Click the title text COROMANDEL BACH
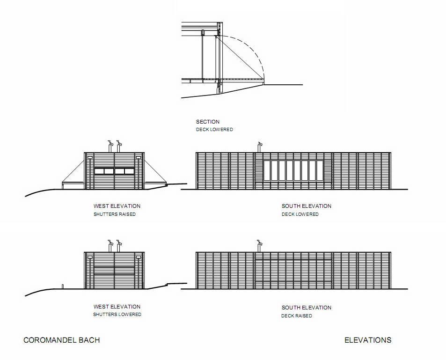point(61,340)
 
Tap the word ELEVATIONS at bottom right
point(368,340)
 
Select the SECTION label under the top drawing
point(208,122)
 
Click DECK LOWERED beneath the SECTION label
point(214,130)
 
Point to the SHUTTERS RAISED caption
point(115,214)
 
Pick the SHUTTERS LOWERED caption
point(117,315)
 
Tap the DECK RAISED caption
point(297,316)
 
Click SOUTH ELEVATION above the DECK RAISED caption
point(307,308)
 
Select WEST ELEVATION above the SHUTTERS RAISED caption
point(117,206)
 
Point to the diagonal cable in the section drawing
point(239,57)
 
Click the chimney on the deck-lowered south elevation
point(259,147)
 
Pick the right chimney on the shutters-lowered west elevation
point(119,246)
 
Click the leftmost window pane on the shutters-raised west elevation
point(99,171)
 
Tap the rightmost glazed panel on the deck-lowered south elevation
point(320,170)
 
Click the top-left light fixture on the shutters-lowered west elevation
point(90,257)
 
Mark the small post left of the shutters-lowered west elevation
point(63,287)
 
